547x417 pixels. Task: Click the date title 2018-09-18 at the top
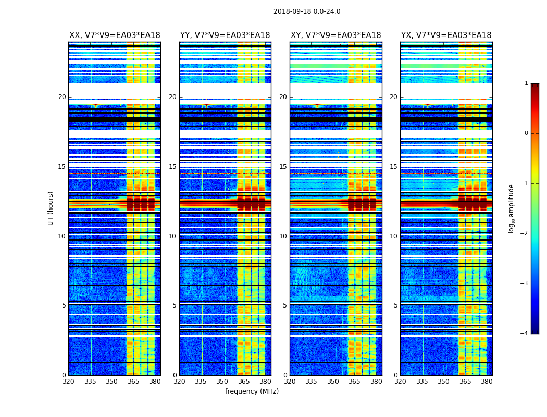[307, 11]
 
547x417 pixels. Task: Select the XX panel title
[115, 35]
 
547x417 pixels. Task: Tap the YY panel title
[225, 35]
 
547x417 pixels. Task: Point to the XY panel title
[335, 35]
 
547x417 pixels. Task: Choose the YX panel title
[446, 35]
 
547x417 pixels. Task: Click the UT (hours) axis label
[51, 208]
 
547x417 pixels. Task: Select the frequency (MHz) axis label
[252, 391]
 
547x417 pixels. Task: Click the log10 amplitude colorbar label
[511, 208]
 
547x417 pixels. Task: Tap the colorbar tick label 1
[526, 83]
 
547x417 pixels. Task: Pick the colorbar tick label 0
[526, 133]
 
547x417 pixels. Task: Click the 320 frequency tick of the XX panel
[69, 382]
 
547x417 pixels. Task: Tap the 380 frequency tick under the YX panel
[487, 382]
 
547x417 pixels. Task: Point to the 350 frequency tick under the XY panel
[333, 382]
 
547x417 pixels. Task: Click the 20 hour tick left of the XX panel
[62, 97]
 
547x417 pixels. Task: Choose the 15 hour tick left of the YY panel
[172, 167]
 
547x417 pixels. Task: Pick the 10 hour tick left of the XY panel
[283, 236]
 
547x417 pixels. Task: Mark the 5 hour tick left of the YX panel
[395, 305]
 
